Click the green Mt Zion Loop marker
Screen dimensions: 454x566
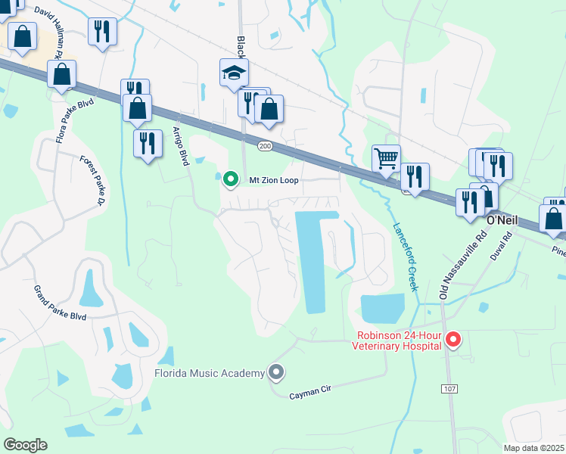pyautogui.click(x=230, y=180)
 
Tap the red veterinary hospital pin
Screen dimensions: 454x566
pyautogui.click(x=453, y=339)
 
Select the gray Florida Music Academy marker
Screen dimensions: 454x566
pyautogui.click(x=276, y=372)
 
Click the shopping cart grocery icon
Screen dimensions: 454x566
pyautogui.click(x=386, y=158)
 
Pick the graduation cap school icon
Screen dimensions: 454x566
pyautogui.click(x=234, y=73)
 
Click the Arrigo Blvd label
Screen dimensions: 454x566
pyautogui.click(x=179, y=146)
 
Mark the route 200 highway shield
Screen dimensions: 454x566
pyautogui.click(x=264, y=145)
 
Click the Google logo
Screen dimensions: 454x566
pyautogui.click(x=25, y=444)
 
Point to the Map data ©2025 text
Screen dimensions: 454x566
pyautogui.click(x=533, y=448)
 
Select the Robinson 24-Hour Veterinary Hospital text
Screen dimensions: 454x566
pyautogui.click(x=397, y=340)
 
